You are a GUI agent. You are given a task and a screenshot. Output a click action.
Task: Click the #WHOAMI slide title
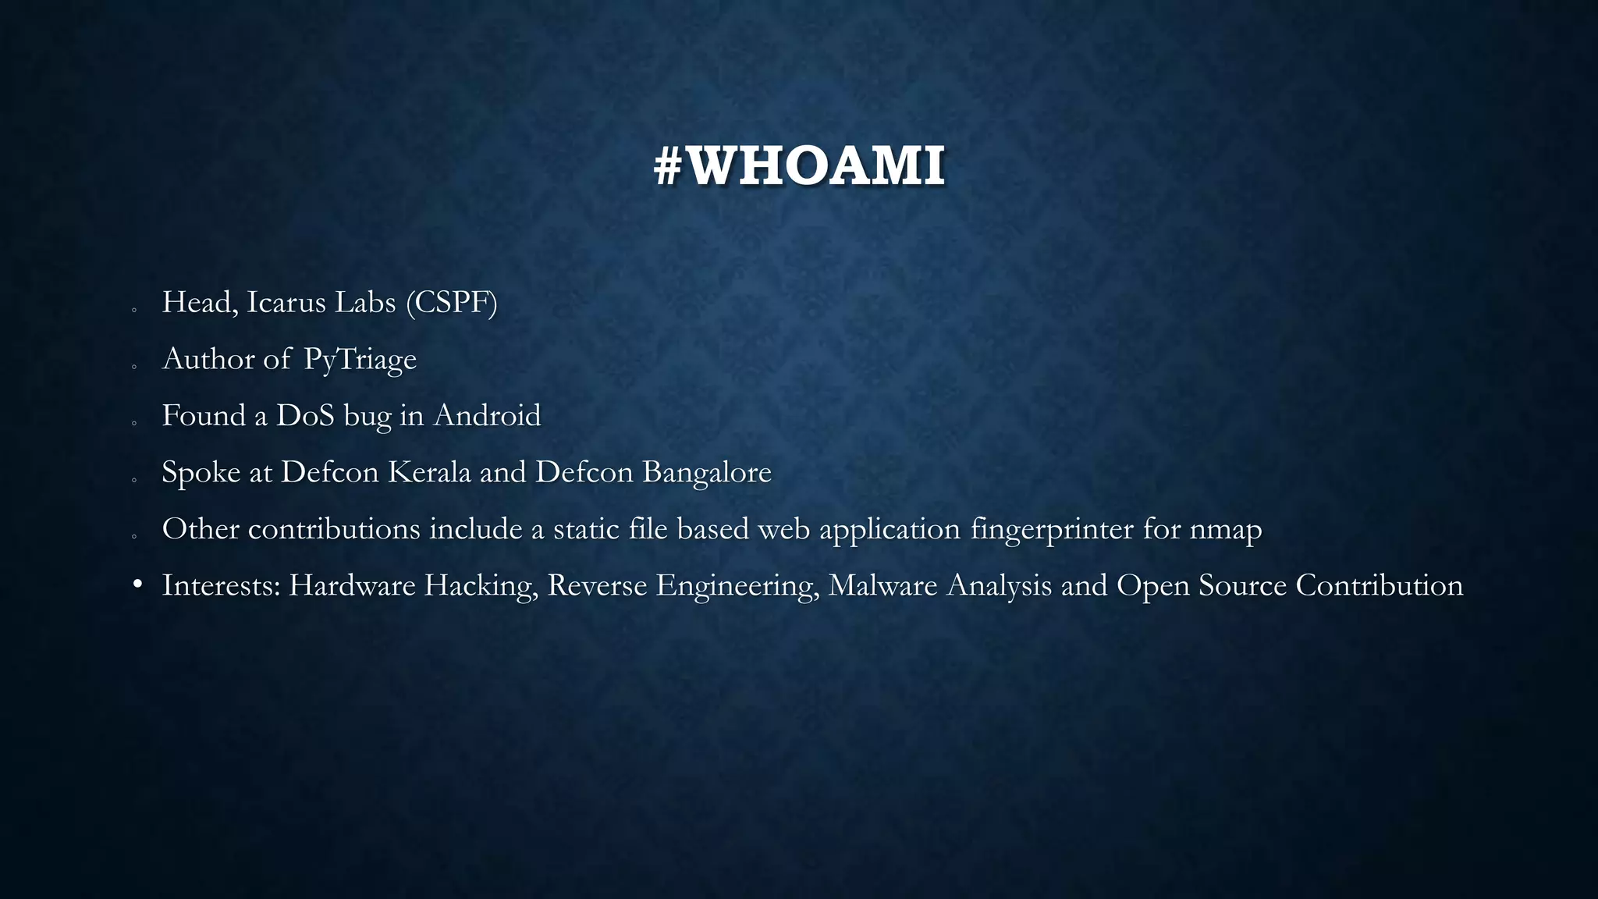(x=799, y=166)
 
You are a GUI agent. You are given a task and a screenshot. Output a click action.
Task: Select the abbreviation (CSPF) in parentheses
(x=451, y=303)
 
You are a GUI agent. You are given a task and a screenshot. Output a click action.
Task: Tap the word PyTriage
(x=360, y=360)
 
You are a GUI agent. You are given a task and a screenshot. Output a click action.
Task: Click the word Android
(x=487, y=416)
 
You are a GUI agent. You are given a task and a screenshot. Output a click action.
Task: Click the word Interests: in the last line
(x=221, y=585)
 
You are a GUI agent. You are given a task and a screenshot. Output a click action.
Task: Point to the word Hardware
(x=352, y=585)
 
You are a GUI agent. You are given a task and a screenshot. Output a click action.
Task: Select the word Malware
(x=882, y=585)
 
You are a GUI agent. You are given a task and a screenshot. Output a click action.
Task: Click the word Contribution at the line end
(x=1379, y=585)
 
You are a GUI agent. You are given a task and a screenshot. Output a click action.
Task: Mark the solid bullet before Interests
(x=137, y=585)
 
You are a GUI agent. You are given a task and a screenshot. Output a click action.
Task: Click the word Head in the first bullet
(x=196, y=303)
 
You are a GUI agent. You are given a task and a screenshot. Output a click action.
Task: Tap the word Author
(x=208, y=360)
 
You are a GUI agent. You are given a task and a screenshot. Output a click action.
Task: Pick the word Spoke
(x=201, y=472)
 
